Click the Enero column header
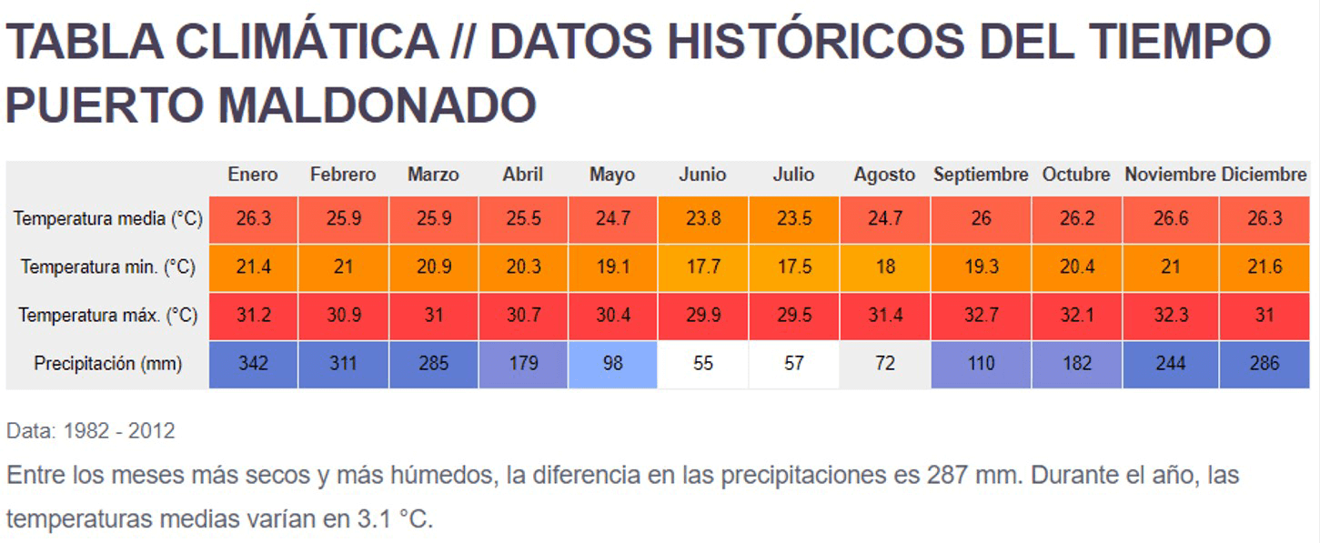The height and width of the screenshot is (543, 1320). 253,175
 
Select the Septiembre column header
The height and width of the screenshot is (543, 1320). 980,175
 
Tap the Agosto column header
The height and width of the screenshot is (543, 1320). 884,175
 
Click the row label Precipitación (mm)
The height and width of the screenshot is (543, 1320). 107,364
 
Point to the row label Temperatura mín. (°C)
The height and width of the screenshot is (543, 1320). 107,267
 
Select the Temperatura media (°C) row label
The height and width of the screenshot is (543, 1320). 107,219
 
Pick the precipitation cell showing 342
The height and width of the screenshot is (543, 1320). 253,364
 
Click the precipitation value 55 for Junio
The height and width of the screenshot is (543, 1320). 702,364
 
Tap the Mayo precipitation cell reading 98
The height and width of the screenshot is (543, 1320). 612,364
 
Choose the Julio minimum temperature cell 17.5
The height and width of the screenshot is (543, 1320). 793,267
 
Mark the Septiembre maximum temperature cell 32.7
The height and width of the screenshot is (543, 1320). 981,316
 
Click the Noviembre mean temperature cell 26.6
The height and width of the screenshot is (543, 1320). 1170,219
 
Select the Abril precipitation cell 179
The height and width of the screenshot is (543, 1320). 523,364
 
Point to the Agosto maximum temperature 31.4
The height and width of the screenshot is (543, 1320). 884,316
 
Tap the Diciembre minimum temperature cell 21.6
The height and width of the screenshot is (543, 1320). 1265,267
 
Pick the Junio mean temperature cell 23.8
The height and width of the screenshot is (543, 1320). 702,219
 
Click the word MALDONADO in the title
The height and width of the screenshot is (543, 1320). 377,106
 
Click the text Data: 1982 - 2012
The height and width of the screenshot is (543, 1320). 90,431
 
